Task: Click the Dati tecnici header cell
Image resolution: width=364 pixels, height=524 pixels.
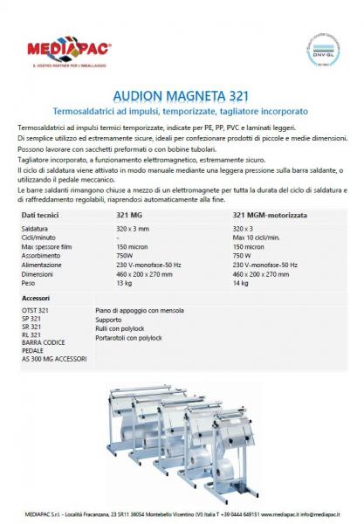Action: click(x=41, y=214)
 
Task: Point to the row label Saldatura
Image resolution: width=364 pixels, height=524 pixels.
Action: click(x=36, y=229)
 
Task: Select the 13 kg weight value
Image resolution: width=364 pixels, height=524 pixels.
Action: click(x=124, y=282)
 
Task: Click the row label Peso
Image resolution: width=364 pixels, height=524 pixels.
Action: click(x=29, y=282)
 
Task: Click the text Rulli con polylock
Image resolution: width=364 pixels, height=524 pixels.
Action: click(x=124, y=329)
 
